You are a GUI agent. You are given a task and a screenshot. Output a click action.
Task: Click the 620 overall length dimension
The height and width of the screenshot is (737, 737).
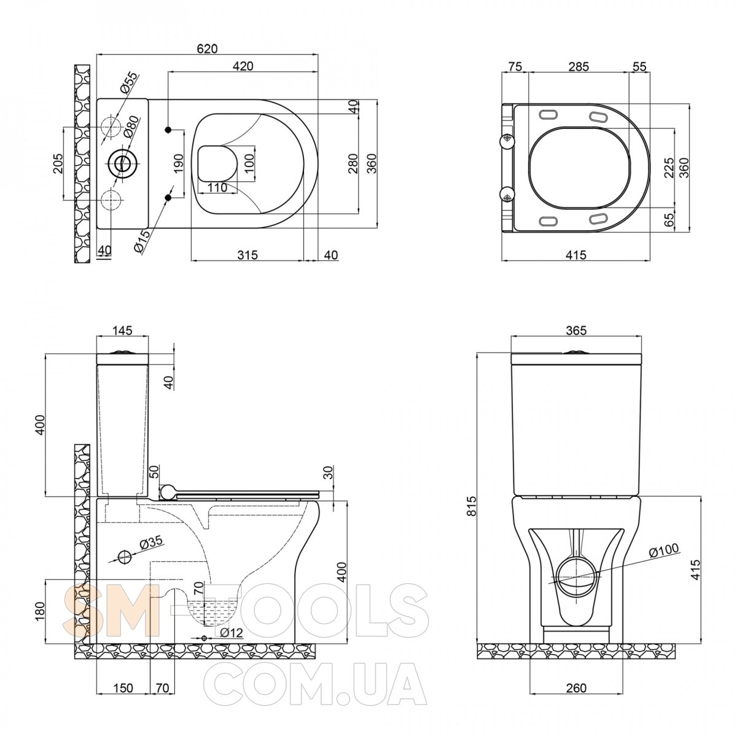pos(207,49)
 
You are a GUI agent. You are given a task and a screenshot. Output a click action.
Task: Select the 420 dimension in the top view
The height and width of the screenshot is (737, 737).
pos(243,66)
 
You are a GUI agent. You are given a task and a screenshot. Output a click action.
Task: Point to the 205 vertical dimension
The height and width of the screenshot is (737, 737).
pos(58,164)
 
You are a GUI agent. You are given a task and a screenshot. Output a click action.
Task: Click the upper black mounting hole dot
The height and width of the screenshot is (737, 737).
pos(168,130)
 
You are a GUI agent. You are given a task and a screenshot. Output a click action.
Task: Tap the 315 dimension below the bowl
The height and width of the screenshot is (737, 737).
pos(247,255)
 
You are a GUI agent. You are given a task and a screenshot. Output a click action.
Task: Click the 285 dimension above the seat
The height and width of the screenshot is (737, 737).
pos(579,66)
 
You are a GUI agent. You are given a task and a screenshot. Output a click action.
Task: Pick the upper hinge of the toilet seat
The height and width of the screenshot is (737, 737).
pos(507,139)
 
